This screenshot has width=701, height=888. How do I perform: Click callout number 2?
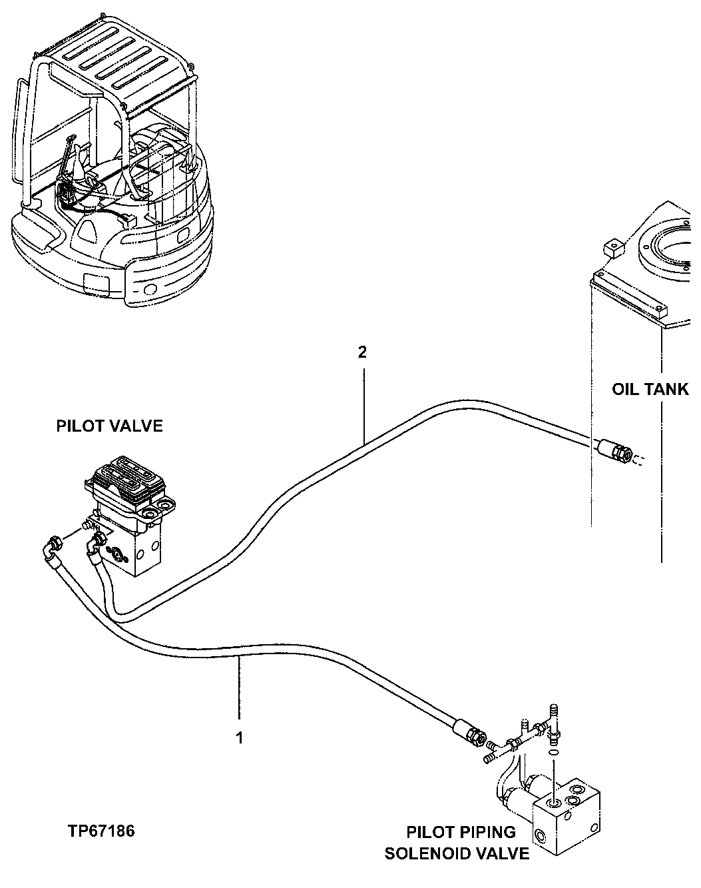tap(362, 352)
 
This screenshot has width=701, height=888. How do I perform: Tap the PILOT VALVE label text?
tap(109, 426)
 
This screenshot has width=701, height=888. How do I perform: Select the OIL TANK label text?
tap(650, 389)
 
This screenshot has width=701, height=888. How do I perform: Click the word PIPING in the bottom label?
tap(489, 832)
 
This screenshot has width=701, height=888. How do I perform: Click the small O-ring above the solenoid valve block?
tap(554, 751)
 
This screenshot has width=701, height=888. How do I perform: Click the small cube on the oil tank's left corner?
tap(610, 248)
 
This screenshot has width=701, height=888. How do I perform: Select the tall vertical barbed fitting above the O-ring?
tap(553, 717)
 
